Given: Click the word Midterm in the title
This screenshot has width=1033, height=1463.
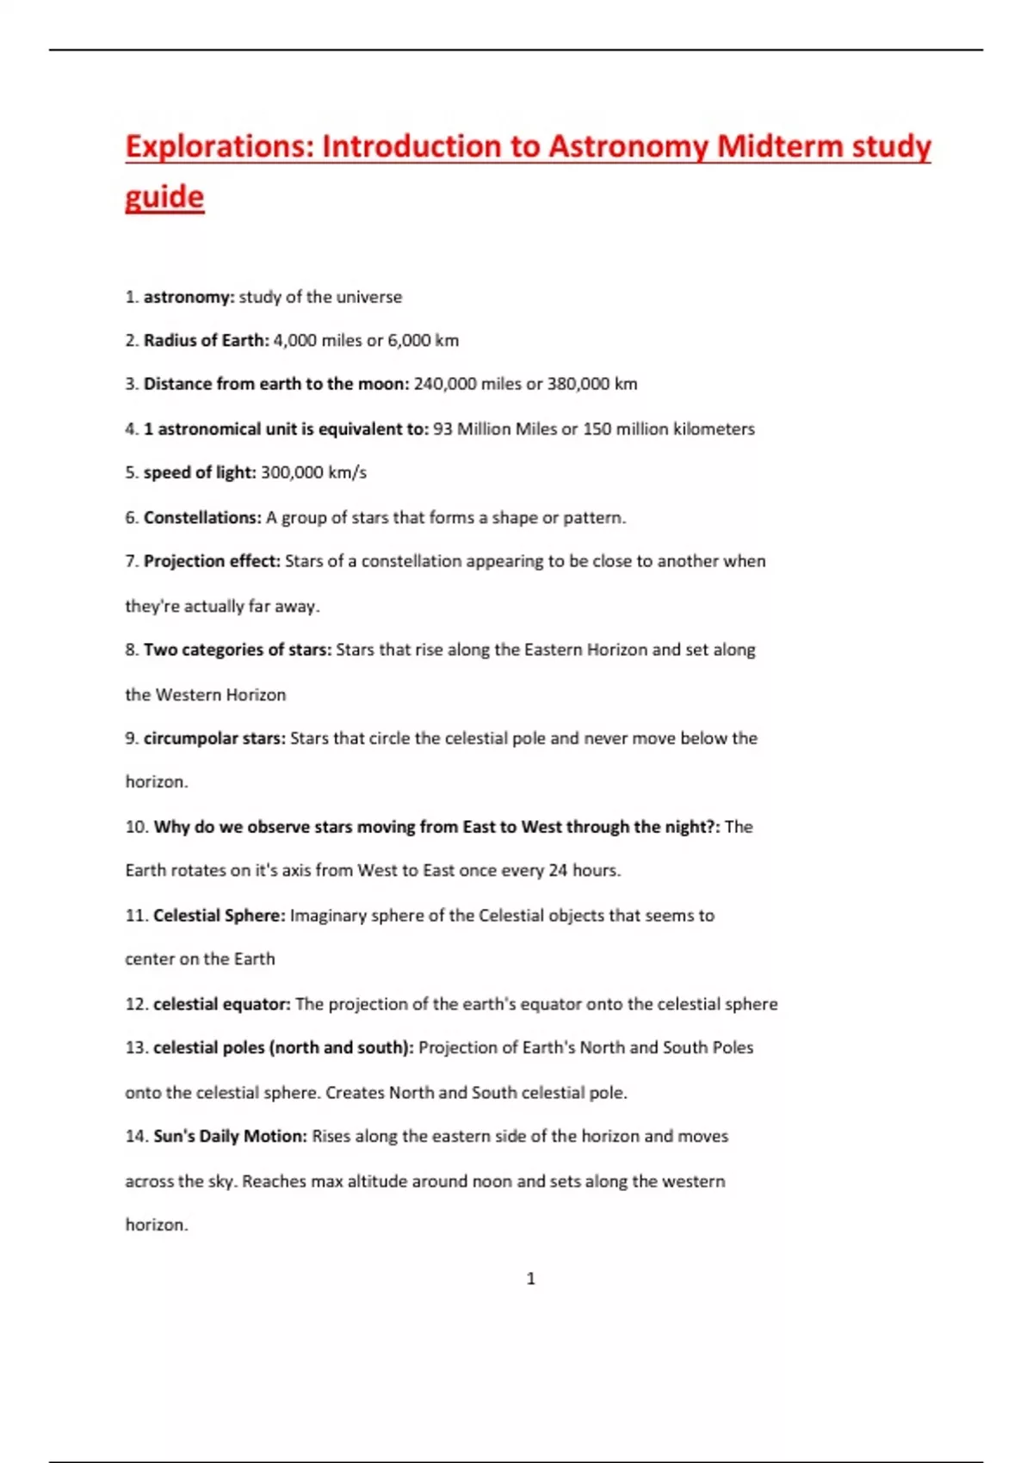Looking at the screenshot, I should coord(779,146).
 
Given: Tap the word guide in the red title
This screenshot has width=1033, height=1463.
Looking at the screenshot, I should coord(164,197).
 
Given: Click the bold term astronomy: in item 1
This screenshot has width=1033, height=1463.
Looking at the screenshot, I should coord(189,297).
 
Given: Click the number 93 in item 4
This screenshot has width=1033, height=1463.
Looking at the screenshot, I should coord(442,429).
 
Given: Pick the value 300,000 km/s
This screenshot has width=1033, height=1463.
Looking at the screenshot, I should coord(313,472).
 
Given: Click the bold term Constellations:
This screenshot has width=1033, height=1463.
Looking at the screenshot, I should coord(202,517).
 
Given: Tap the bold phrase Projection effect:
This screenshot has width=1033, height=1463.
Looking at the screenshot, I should coord(212,561).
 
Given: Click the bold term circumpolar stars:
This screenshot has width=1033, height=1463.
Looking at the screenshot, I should coord(214,738).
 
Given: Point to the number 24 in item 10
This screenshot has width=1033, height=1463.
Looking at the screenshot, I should coord(558,870).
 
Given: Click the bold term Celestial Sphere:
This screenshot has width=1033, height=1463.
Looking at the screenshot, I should coord(219,916).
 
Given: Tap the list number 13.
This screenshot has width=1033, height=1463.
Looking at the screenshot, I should coord(136,1048).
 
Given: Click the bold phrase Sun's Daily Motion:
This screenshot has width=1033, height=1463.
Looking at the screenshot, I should coord(230,1136).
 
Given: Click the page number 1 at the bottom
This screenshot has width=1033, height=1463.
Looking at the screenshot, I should coord(530,1279).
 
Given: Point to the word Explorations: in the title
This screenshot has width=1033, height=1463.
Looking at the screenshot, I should coord(220,146).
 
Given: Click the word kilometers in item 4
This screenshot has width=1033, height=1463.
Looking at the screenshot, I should coord(714,429).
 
